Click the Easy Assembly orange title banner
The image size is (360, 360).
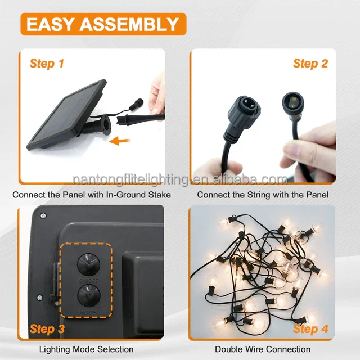(103, 24)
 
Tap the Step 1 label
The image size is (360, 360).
(47, 64)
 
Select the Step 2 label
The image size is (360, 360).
(310, 64)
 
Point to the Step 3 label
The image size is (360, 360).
(47, 328)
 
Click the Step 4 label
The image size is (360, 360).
(310, 328)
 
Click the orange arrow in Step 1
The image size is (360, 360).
(120, 141)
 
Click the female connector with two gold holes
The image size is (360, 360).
(293, 103)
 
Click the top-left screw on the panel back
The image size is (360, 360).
(43, 216)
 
